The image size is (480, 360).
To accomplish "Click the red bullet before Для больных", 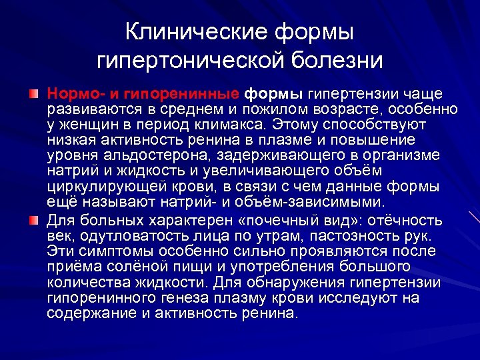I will (x=33, y=221).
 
